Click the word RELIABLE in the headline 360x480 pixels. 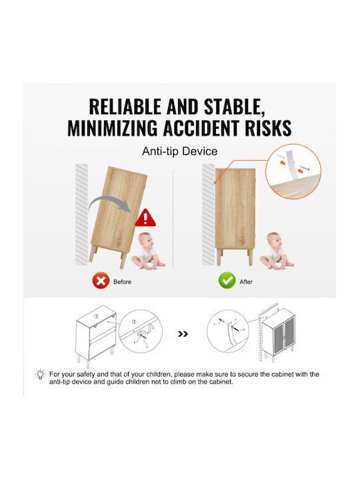coord(126,107)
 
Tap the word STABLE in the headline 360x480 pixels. coord(235,107)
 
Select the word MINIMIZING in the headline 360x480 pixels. coord(113,127)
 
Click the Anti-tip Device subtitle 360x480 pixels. coord(180,151)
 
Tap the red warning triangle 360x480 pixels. coord(145,218)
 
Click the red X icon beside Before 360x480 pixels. coord(101,281)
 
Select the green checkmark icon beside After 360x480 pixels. coord(227,281)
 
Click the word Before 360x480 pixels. coord(122,281)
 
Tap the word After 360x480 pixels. coord(246,281)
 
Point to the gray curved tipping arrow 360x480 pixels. coord(109,204)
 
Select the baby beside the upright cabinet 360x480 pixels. coord(277,251)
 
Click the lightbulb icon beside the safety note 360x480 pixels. coord(40,375)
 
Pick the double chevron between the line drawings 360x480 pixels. coord(183,334)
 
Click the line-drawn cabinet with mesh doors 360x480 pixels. coord(278,335)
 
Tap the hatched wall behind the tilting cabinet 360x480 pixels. coord(81,214)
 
